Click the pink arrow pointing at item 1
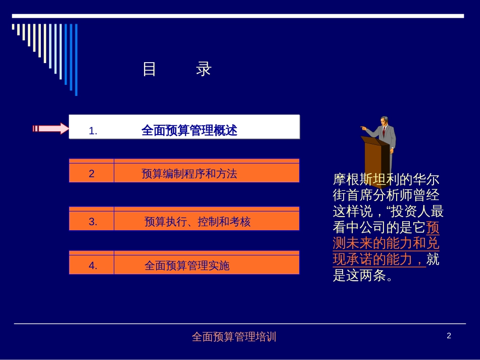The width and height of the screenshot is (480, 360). [x=51, y=128]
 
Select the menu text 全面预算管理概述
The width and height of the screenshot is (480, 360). [x=189, y=131]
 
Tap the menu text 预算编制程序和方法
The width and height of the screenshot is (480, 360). [x=189, y=174]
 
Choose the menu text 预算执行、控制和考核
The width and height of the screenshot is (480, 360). [x=197, y=222]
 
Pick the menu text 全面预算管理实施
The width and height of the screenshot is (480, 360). [x=187, y=266]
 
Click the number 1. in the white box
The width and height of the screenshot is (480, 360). [x=93, y=131]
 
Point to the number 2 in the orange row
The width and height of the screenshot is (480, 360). [x=91, y=174]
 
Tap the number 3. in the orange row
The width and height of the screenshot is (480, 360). [x=93, y=222]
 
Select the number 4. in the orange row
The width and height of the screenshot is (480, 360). [x=93, y=266]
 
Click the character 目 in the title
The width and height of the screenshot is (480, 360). [x=149, y=69]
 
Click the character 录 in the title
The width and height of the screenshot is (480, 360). [x=204, y=69]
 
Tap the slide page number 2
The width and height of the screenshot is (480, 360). [x=449, y=336]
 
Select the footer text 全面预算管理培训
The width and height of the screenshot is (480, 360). [x=234, y=337]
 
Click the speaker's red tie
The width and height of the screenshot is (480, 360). [x=383, y=132]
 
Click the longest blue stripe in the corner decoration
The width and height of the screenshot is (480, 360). [x=76, y=60]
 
